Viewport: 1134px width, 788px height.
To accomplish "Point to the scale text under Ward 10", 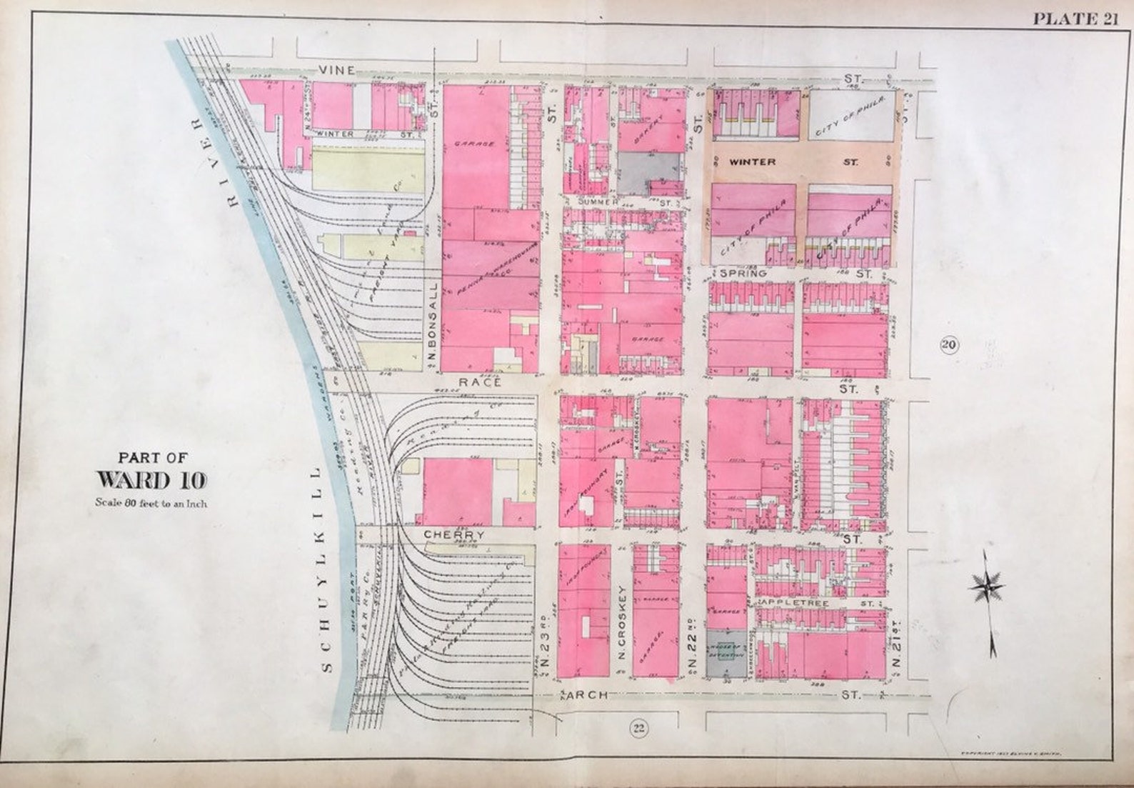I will click(151, 502).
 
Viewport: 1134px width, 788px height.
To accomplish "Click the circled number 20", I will click(948, 346).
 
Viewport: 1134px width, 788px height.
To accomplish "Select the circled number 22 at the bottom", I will click(638, 728).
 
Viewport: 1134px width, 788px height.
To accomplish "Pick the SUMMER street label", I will click(598, 202).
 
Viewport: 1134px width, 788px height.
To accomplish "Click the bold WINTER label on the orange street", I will click(752, 162).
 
